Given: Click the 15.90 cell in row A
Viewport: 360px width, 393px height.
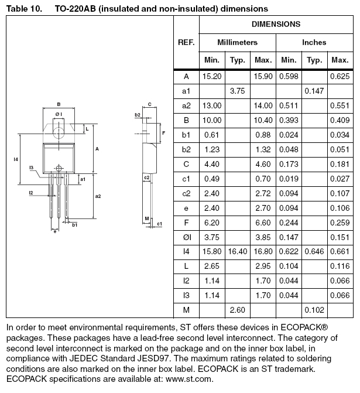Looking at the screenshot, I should [x=263, y=77].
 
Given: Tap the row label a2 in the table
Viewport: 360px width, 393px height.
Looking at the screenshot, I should [x=187, y=105].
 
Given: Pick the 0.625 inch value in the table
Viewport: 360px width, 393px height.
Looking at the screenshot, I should [x=340, y=77].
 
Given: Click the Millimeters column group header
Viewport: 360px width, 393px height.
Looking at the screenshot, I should [x=237, y=43].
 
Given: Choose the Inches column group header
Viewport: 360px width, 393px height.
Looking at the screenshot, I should [x=314, y=43].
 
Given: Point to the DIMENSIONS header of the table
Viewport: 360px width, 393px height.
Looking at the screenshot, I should [x=276, y=25].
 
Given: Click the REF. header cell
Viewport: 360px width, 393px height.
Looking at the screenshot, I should [x=187, y=43].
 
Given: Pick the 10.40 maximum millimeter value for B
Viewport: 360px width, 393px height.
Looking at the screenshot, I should [x=263, y=120].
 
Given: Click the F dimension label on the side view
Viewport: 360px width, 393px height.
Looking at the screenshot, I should [x=164, y=133].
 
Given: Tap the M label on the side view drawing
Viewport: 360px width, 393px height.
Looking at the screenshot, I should [x=146, y=218].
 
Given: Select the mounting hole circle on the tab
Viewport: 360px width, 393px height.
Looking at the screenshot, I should [x=59, y=123].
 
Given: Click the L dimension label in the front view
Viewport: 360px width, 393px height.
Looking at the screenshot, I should [x=86, y=128].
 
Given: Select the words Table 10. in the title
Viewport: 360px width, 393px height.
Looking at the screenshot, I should [x=23, y=9].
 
